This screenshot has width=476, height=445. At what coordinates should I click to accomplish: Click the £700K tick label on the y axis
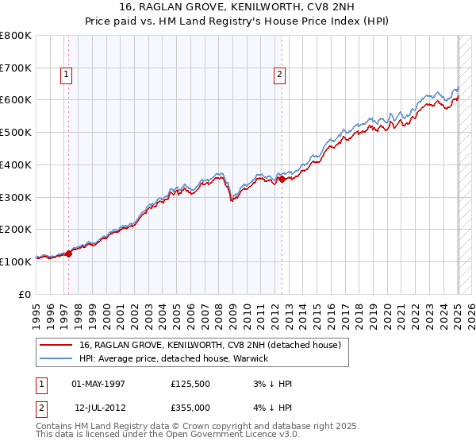pyautogui.click(x=16, y=68)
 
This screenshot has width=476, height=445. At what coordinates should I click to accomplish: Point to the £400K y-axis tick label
pyautogui.click(x=16, y=164)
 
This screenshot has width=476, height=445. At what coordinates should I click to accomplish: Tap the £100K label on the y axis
pyautogui.click(x=16, y=261)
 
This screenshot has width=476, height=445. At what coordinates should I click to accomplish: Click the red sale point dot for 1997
pyautogui.click(x=69, y=253)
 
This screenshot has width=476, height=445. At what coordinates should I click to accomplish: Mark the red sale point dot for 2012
pyautogui.click(x=282, y=180)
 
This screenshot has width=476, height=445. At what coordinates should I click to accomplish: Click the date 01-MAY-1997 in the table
pyautogui.click(x=98, y=383)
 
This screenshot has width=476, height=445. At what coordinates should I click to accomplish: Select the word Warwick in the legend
pyautogui.click(x=250, y=358)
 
